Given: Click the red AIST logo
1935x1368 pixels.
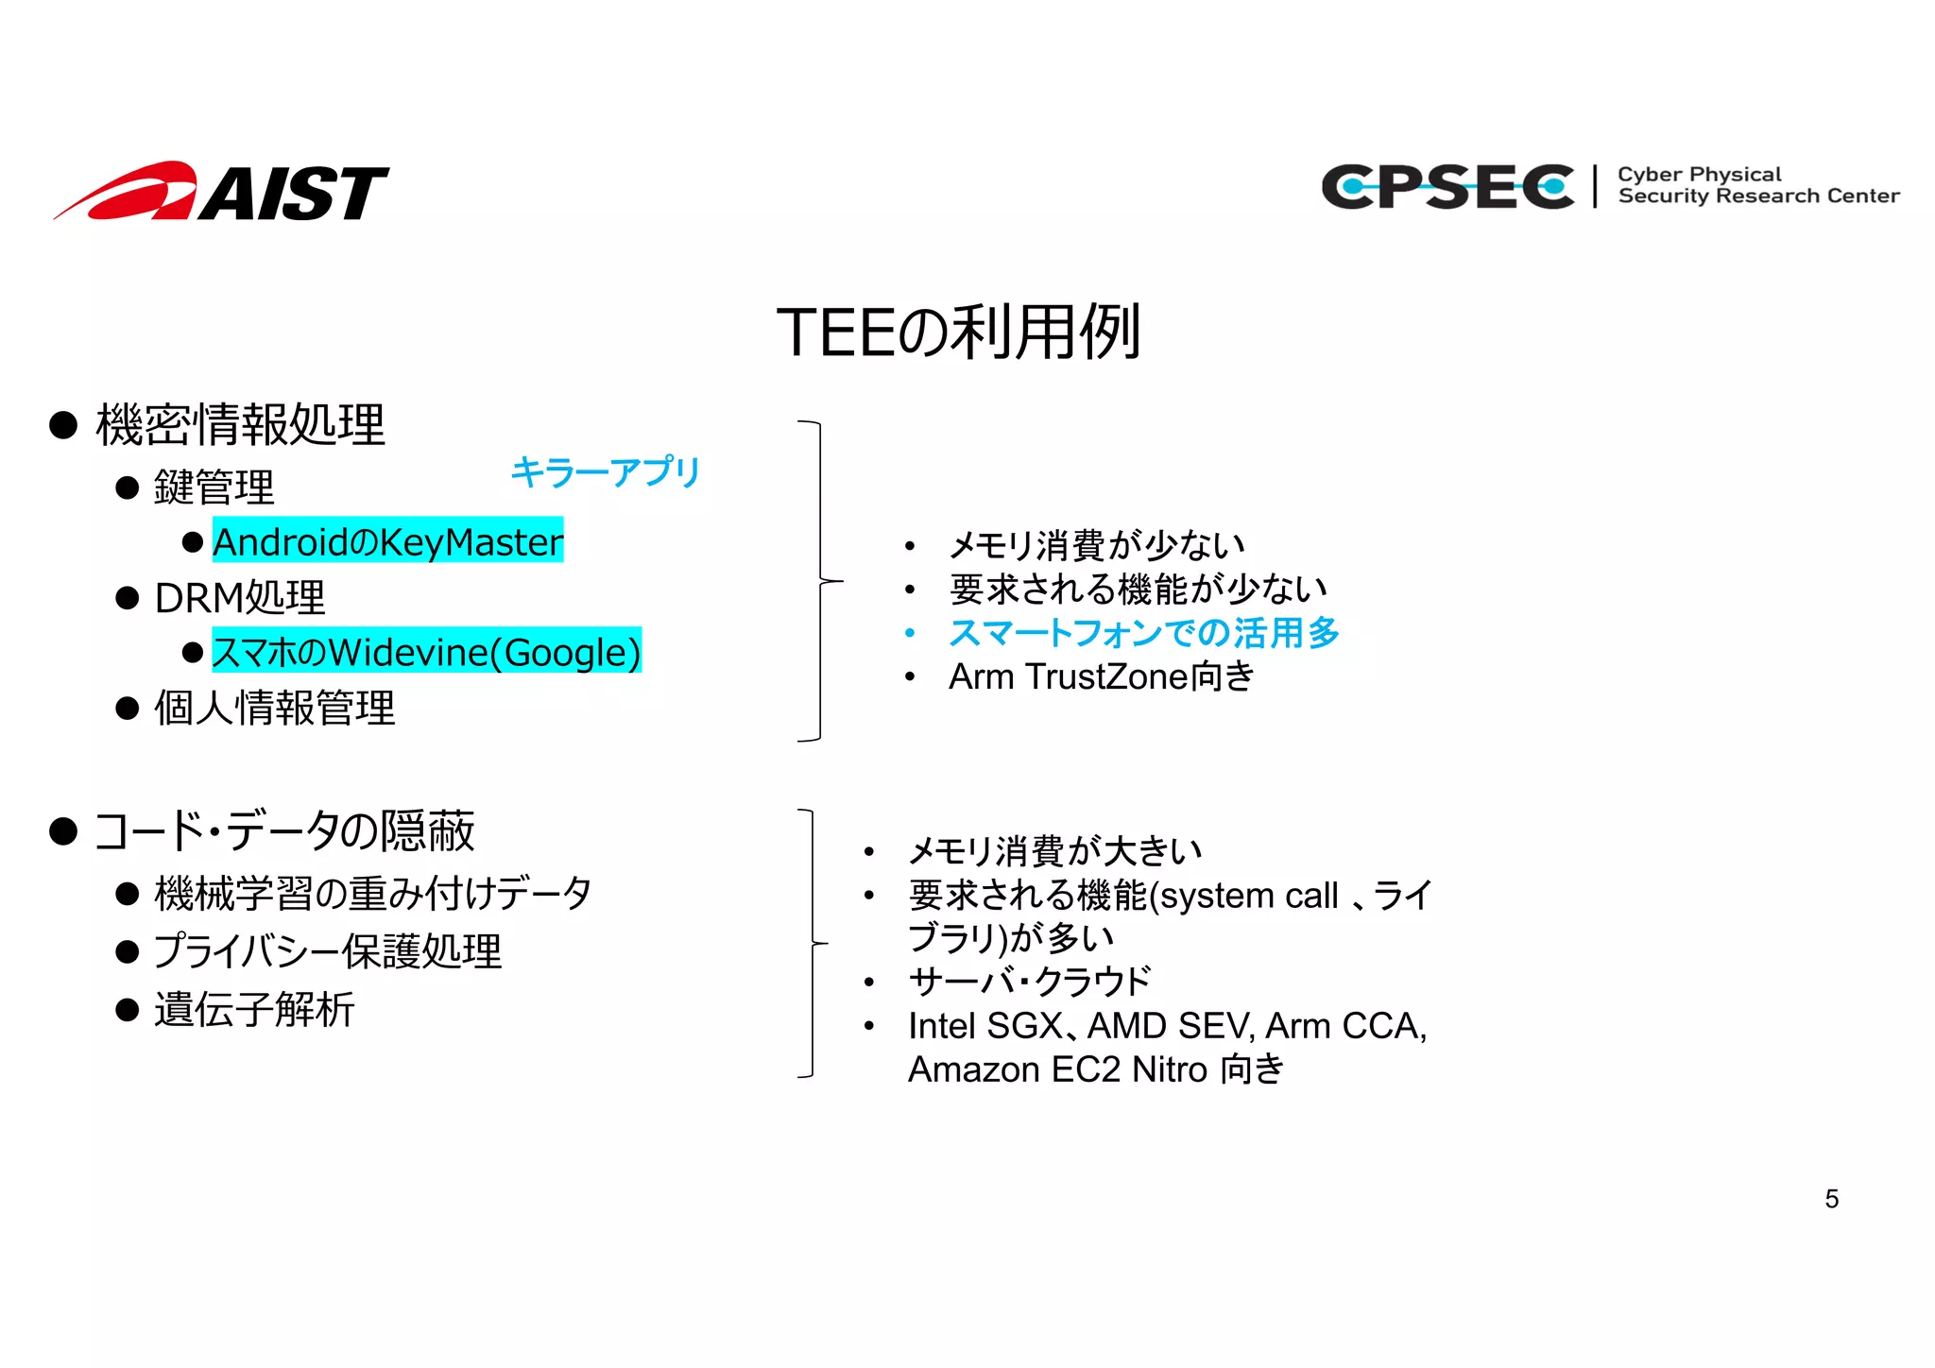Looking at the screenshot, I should click(x=221, y=193).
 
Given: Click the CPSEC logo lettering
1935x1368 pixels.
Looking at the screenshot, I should click(x=1447, y=186).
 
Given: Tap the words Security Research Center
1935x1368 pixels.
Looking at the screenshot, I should click(x=1757, y=197).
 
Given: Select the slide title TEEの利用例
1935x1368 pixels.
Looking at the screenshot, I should click(x=958, y=333).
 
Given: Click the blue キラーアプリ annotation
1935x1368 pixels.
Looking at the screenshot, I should click(x=605, y=471).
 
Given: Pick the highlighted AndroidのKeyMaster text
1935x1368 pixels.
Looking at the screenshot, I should click(x=387, y=541).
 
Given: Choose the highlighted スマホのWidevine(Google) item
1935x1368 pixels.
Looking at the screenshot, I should click(x=426, y=652).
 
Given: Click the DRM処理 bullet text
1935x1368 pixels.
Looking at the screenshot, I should click(x=240, y=597).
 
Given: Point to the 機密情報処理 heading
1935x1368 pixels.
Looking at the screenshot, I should click(x=240, y=425).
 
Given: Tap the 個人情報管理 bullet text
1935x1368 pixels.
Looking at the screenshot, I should click(x=274, y=708).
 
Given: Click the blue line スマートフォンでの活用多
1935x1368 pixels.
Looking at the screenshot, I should click(x=1143, y=633).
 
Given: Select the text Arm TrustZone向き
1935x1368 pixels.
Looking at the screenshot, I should click(x=1101, y=676).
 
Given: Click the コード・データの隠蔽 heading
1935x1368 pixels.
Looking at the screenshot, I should click(x=283, y=831).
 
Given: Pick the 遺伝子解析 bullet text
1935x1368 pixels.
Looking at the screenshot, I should click(x=254, y=1009).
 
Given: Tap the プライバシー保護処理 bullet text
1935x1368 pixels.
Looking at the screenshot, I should click(x=327, y=950).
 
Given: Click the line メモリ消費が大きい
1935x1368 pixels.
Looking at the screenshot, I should click(x=1054, y=851).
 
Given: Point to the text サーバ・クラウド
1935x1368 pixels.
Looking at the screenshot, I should click(x=1030, y=982).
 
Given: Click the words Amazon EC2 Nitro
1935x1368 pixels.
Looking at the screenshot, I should click(x=1057, y=1069).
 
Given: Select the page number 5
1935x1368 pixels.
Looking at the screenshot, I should click(x=1831, y=1199).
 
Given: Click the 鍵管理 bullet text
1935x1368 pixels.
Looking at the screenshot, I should click(x=214, y=487).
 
